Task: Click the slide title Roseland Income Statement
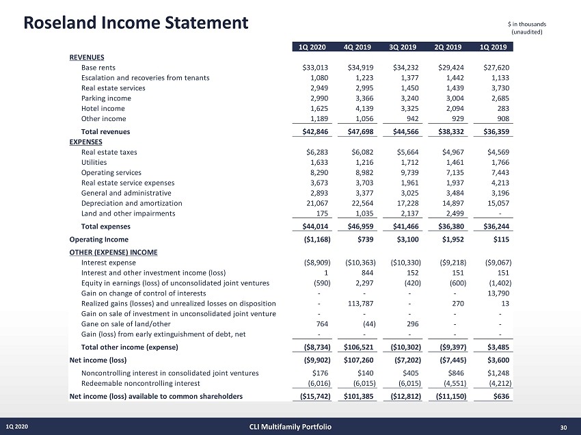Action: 135,23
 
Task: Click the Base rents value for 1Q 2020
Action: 316,68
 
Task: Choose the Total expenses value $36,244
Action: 491,226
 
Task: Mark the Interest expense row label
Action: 108,263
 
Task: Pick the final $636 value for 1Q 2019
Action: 502,396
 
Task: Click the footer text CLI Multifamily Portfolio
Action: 290,427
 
